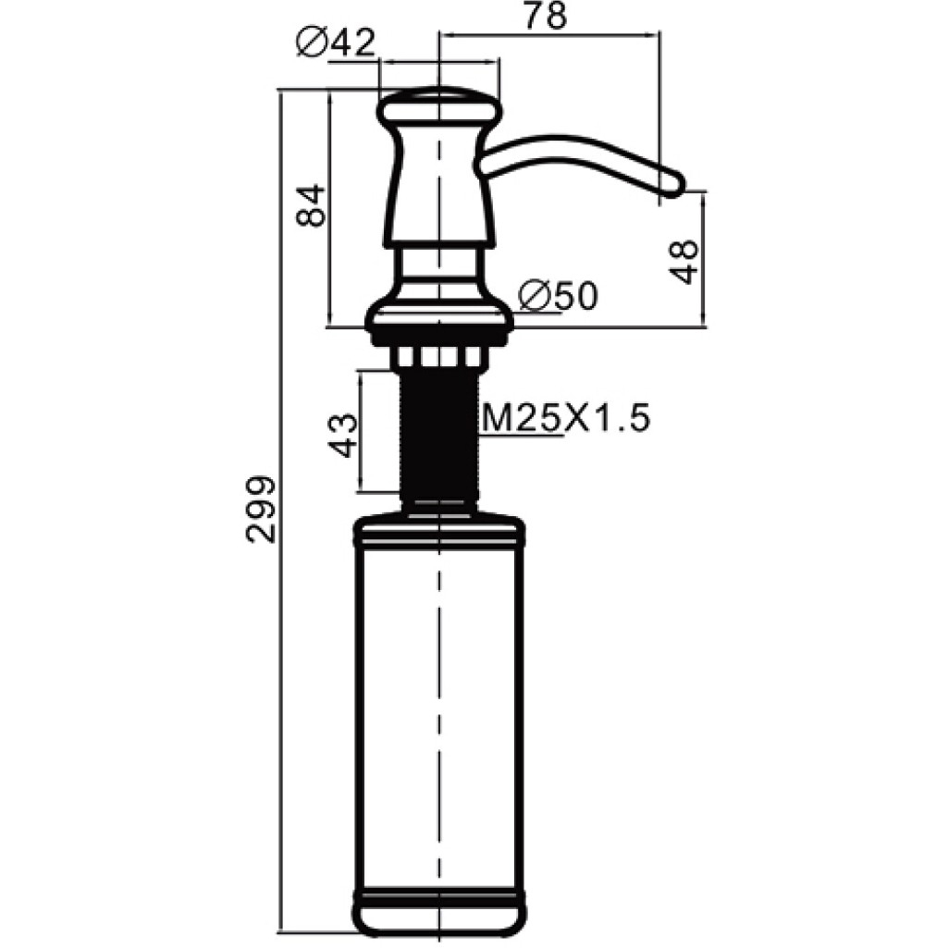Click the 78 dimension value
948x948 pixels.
(x=546, y=16)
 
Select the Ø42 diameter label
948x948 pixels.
(x=336, y=43)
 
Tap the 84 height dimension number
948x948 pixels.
(x=312, y=205)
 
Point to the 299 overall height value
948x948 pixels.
(x=261, y=509)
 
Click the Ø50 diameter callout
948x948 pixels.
(x=559, y=296)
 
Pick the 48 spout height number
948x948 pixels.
(x=683, y=263)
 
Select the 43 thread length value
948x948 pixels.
(x=342, y=436)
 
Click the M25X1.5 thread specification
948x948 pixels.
(x=566, y=418)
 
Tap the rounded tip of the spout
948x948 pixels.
(x=675, y=183)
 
